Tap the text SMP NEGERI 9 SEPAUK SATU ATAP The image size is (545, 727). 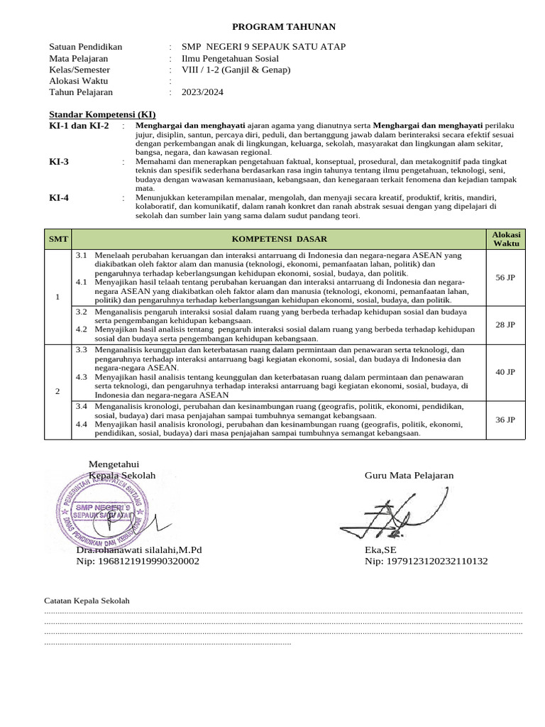click(x=264, y=47)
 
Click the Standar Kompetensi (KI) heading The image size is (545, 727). click(x=102, y=115)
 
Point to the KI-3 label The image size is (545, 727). click(x=59, y=162)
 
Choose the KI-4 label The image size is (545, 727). click(x=59, y=197)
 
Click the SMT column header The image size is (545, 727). click(x=57, y=239)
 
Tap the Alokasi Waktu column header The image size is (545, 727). click(x=505, y=239)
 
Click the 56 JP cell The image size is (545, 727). click(x=505, y=278)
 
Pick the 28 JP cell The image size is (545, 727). click(x=505, y=324)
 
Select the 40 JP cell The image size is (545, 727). click(x=505, y=372)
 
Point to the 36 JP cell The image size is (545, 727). click(x=505, y=420)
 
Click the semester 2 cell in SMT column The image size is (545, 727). click(x=57, y=392)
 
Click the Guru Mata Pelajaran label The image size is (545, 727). click(x=409, y=476)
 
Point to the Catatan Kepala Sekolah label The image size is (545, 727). click(x=87, y=601)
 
